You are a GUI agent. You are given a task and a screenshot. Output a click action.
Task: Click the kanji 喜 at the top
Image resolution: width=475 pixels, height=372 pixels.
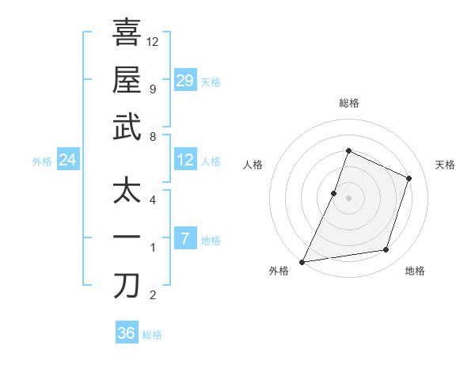[x=127, y=32]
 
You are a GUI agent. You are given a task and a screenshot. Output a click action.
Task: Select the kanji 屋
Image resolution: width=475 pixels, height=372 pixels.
[x=127, y=80]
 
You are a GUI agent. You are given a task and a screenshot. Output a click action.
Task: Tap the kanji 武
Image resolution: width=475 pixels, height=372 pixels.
[x=127, y=127]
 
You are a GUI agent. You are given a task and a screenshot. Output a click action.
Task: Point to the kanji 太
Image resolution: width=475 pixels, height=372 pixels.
[x=127, y=190]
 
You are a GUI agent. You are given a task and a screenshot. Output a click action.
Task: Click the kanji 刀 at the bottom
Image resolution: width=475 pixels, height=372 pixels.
[x=127, y=284]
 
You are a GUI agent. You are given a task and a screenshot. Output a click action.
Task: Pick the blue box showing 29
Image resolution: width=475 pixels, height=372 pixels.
[x=185, y=81]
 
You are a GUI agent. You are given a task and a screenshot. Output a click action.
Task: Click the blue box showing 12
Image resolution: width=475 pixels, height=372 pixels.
[x=185, y=160]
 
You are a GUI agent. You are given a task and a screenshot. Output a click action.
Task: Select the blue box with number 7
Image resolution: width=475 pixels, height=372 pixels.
[x=185, y=239]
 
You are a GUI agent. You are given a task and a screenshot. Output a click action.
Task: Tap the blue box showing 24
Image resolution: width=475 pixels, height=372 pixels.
[x=68, y=161]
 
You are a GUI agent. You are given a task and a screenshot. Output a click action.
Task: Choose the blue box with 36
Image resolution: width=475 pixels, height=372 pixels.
[x=127, y=333]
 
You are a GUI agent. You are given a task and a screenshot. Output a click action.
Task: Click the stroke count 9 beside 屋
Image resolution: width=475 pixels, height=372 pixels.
[x=152, y=89]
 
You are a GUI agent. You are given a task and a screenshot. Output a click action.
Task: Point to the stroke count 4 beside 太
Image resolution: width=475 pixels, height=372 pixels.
[x=152, y=199]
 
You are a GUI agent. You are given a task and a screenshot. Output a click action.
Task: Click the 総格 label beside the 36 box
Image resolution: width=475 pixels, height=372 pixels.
[x=152, y=335]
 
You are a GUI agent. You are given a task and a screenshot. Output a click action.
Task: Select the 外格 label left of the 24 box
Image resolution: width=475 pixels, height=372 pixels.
[x=42, y=161]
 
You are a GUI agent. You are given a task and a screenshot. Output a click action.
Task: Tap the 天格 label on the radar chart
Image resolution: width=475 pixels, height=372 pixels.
[x=445, y=165]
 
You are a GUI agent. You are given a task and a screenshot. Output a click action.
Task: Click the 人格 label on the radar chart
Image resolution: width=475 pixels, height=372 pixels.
[x=253, y=165]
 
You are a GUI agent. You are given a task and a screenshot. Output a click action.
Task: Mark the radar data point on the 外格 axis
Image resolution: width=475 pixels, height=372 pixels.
[x=302, y=262]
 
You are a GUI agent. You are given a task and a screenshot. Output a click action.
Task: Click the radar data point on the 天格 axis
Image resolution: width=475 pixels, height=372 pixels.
[x=409, y=178]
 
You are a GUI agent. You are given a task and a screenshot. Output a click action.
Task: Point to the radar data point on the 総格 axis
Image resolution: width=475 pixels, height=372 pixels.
[x=348, y=150]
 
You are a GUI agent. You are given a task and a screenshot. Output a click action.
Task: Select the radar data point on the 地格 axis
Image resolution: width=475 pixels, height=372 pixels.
[x=386, y=250]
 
